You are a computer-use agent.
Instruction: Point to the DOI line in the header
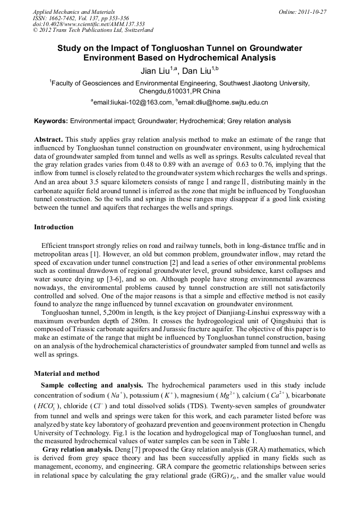(x=89, y=24)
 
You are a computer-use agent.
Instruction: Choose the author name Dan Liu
(x=196, y=71)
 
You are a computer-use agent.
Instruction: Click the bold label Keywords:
(x=51, y=122)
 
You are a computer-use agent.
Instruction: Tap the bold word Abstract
(x=48, y=139)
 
